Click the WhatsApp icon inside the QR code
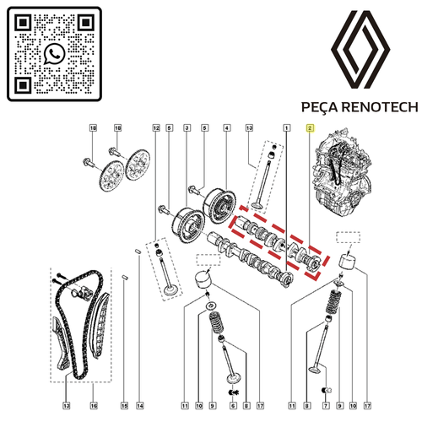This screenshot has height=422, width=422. coord(54,53)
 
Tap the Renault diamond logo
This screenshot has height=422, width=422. coord(360,50)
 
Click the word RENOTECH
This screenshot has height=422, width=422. coord(380,107)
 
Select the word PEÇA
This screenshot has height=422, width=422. coord(319,108)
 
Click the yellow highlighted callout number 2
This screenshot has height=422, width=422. coord(310,128)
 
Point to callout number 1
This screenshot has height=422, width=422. coord(286,128)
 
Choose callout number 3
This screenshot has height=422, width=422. coord(187,128)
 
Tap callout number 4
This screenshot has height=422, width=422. coord(227,128)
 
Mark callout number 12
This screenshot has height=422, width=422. coord(156,128)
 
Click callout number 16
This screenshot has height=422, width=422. coord(94,406)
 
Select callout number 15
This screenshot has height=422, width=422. coord(124,406)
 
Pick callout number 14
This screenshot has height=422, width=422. coord(140,406)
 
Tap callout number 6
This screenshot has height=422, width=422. coord(233,406)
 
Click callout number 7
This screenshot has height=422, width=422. coord(326,406)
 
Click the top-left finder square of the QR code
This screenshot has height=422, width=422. coord(23,23)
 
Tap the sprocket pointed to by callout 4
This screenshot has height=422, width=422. coord(219,205)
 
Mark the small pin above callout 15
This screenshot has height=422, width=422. coord(125,278)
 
